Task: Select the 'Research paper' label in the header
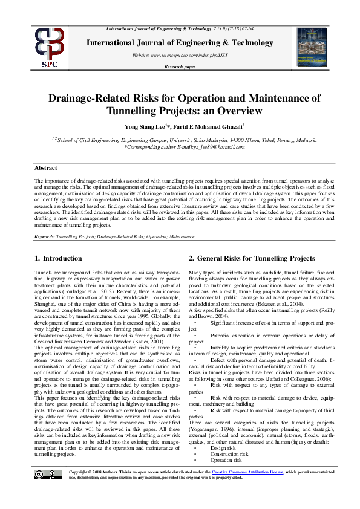[180, 66]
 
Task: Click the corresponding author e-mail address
[208, 147]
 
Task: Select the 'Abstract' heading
[46, 169]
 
